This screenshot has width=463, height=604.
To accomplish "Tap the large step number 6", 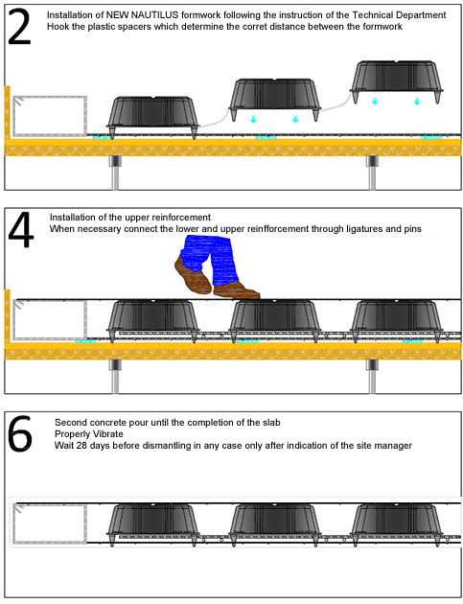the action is click(20, 433).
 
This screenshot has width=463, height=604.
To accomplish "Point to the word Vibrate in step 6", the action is click(108, 434).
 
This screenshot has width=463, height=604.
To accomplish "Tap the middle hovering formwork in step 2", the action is click(275, 99).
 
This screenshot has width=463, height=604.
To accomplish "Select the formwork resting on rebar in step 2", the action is click(153, 117).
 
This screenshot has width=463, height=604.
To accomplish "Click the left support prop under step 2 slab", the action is click(116, 173).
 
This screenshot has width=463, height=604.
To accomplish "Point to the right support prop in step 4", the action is click(372, 376).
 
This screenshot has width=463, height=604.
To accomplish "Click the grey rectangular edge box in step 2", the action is click(50, 116).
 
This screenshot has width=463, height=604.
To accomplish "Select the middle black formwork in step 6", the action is click(275, 523).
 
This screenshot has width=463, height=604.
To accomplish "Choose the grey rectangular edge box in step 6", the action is click(50, 524).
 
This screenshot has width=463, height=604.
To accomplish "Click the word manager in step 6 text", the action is click(395, 446).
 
